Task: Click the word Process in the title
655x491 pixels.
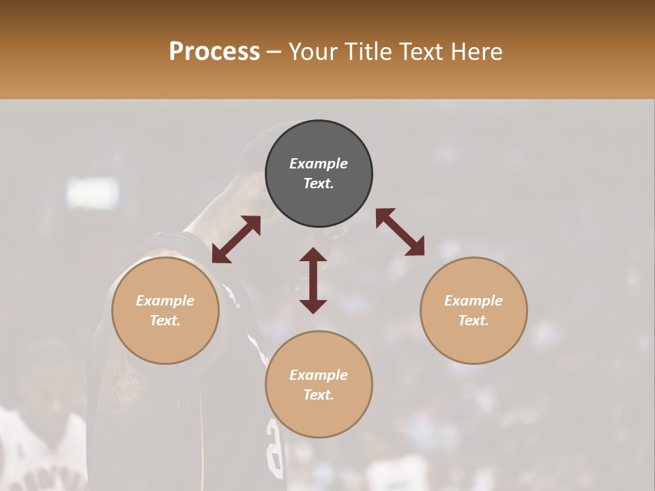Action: click(214, 52)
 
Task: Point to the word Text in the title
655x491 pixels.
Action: click(423, 52)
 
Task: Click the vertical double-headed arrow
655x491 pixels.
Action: click(313, 280)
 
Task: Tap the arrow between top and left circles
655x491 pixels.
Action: click(236, 239)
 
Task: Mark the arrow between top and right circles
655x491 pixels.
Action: click(400, 232)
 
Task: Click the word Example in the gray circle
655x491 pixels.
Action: click(319, 164)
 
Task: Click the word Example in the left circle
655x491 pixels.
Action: click(165, 301)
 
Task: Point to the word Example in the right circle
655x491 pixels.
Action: click(474, 301)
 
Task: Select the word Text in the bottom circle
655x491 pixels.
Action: click(319, 395)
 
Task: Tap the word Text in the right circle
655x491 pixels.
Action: click(474, 321)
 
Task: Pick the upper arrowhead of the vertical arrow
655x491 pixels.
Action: click(313, 255)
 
